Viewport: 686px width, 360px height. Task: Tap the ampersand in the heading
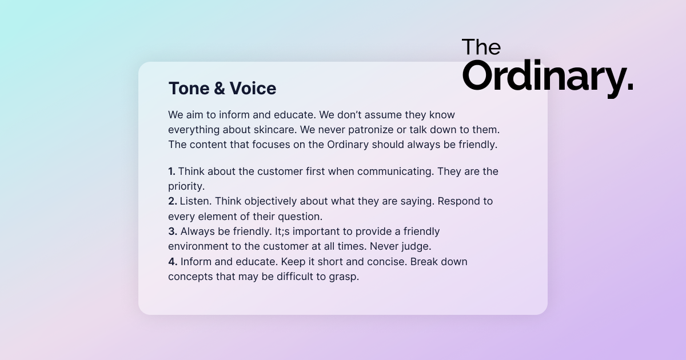pyautogui.click(x=220, y=88)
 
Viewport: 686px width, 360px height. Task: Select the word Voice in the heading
pyautogui.click(x=253, y=88)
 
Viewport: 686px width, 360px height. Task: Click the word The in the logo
pyautogui.click(x=481, y=47)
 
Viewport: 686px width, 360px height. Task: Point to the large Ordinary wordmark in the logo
pyautogui.click(x=548, y=77)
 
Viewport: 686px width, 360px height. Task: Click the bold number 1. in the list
pyautogui.click(x=172, y=171)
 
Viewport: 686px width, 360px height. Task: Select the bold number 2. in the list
pyautogui.click(x=173, y=201)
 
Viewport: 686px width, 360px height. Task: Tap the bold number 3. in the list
pyautogui.click(x=173, y=231)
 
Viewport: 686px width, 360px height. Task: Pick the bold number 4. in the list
pyautogui.click(x=173, y=262)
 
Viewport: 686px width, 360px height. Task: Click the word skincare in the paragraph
pyautogui.click(x=275, y=130)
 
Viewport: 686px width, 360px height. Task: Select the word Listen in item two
pyautogui.click(x=196, y=201)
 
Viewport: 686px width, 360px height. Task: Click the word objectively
pyautogui.click(x=270, y=202)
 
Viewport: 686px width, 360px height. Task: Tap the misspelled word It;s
pyautogui.click(x=282, y=231)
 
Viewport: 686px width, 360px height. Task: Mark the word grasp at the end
pyautogui.click(x=344, y=277)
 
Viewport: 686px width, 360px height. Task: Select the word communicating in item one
pyautogui.click(x=396, y=172)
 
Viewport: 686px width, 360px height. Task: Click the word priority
pyautogui.click(x=186, y=187)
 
